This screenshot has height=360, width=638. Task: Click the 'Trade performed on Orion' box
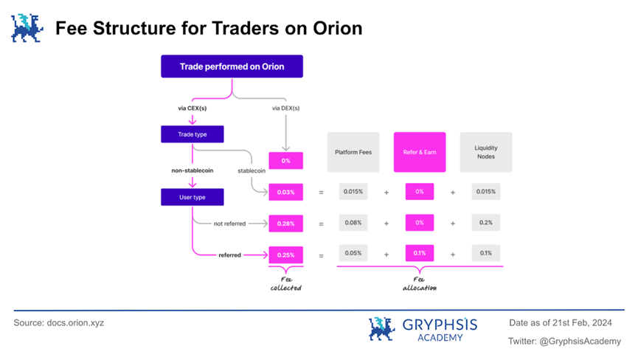(232, 66)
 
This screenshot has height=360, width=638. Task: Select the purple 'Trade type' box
(192, 135)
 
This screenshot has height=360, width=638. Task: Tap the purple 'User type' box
(192, 197)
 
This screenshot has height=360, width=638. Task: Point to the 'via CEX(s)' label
(192, 109)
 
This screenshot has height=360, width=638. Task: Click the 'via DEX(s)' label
(285, 109)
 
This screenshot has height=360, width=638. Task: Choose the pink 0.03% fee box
(285, 193)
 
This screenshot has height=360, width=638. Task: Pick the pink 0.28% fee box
(285, 223)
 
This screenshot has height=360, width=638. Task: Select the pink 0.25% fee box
(285, 255)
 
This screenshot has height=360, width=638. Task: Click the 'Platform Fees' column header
(353, 153)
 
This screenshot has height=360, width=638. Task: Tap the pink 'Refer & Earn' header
(419, 153)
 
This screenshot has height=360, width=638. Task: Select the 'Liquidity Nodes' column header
(485, 153)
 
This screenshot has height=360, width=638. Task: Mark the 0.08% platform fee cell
(353, 223)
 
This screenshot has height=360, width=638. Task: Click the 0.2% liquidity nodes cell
(485, 223)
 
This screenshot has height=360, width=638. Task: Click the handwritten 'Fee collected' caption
(285, 283)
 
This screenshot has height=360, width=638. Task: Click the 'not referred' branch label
(228, 223)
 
